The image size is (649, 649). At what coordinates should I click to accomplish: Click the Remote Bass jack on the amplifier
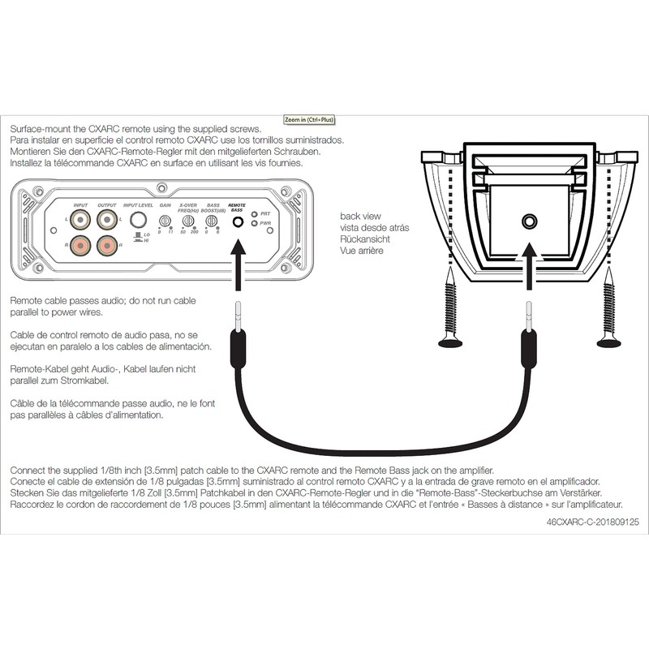[x=239, y=221]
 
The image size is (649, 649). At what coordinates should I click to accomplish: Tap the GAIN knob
[x=165, y=221]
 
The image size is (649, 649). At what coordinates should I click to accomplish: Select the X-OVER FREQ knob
[x=188, y=221]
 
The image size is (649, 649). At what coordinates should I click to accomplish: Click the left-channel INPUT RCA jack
[x=81, y=219]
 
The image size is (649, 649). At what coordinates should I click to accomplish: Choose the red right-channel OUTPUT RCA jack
[x=107, y=244]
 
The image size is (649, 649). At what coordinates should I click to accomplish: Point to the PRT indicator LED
[x=254, y=214]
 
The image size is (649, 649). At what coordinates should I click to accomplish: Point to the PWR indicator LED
[x=254, y=223]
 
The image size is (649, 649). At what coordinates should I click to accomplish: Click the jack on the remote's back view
[x=530, y=221]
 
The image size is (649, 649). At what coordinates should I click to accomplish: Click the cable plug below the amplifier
[x=239, y=333]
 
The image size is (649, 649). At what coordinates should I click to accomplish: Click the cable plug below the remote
[x=530, y=333]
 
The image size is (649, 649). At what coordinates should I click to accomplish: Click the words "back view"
[x=360, y=217]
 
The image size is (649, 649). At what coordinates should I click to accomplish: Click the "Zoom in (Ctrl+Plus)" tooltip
[x=309, y=119]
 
